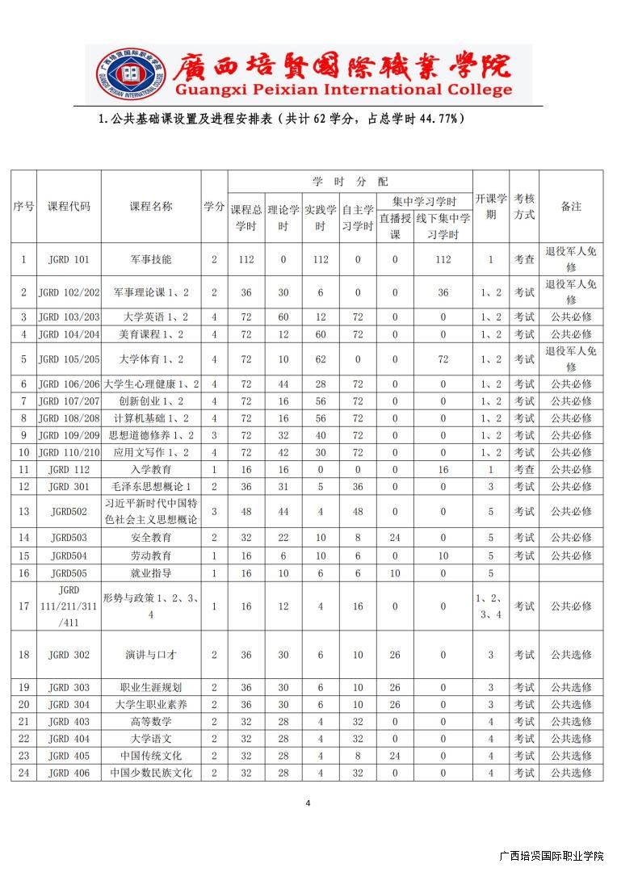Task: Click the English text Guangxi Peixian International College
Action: (343, 90)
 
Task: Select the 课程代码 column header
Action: (69, 206)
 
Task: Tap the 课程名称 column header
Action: (151, 206)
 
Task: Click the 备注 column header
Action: (571, 206)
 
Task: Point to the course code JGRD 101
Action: (69, 260)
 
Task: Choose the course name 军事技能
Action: (151, 260)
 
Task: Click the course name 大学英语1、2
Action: (151, 317)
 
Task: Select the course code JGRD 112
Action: (69, 469)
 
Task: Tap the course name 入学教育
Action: (151, 469)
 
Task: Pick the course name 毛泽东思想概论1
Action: (151, 486)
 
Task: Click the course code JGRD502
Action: (69, 512)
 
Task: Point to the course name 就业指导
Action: (151, 573)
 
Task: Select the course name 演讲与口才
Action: (151, 655)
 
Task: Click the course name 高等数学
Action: (151, 722)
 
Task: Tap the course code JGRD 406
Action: (69, 773)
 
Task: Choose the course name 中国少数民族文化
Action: (151, 773)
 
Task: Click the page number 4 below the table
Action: (308, 803)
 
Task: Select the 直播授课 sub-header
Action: (395, 226)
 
